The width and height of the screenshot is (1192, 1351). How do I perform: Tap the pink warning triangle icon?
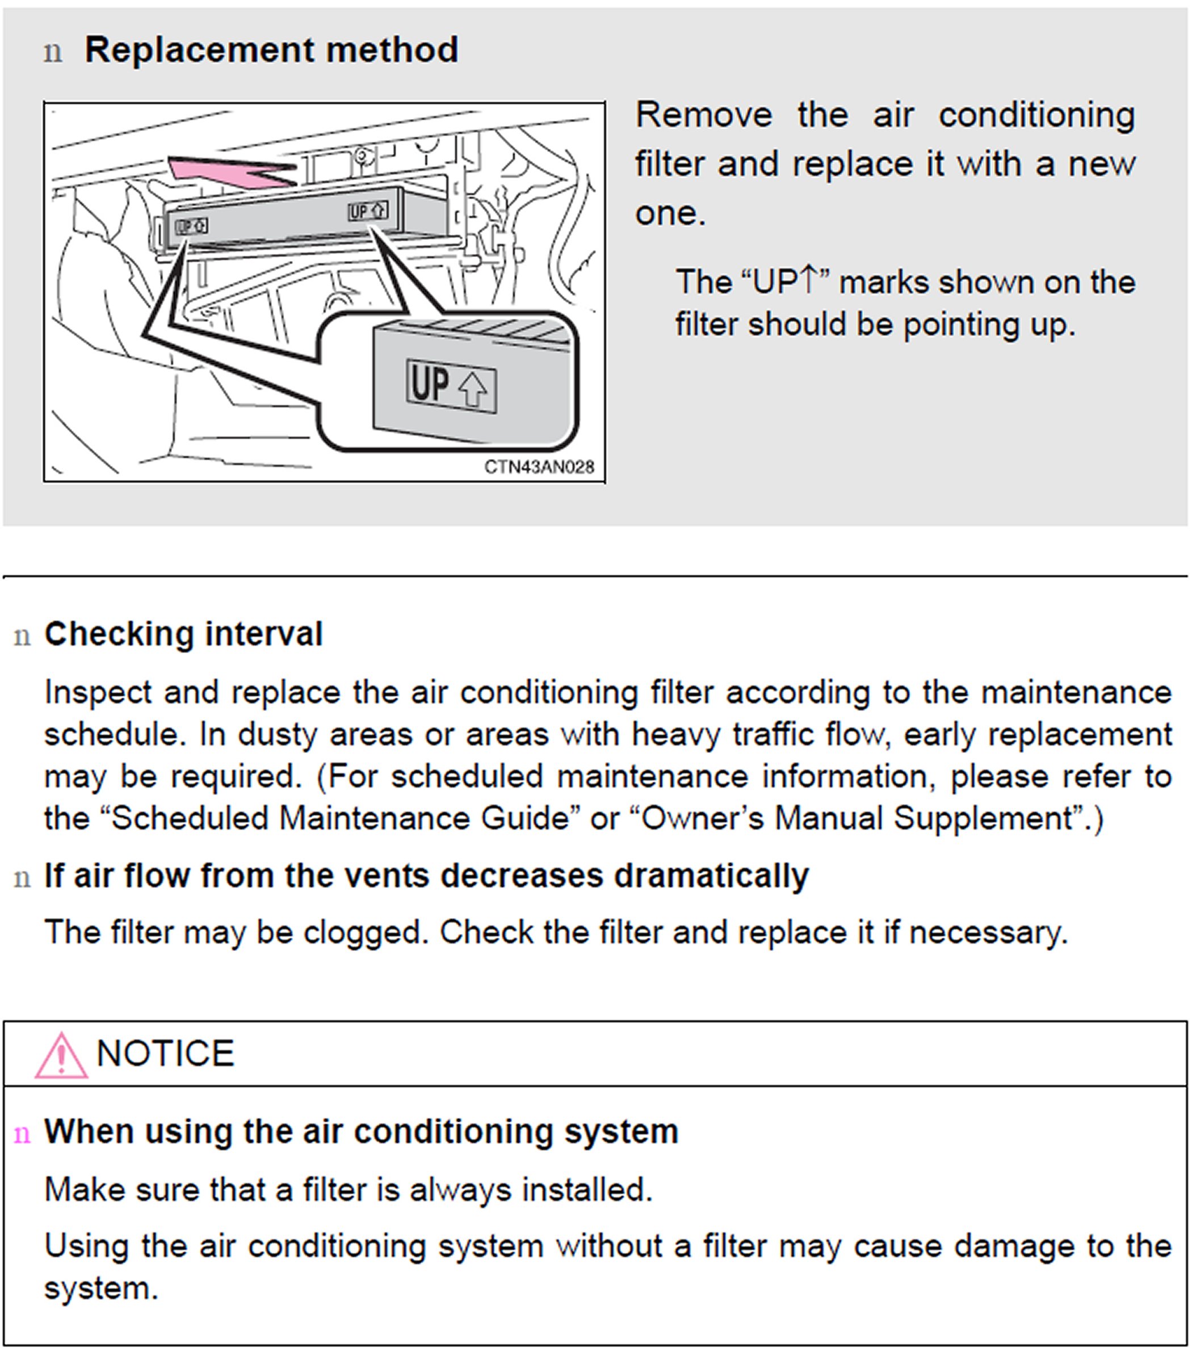(61, 1055)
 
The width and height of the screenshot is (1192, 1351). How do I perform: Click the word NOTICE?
(165, 1054)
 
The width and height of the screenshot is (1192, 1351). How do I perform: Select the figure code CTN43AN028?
(539, 468)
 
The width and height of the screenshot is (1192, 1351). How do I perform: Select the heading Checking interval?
(183, 634)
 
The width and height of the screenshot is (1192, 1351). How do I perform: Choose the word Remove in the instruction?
(703, 115)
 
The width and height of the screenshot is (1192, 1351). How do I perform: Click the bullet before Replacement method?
(53, 52)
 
